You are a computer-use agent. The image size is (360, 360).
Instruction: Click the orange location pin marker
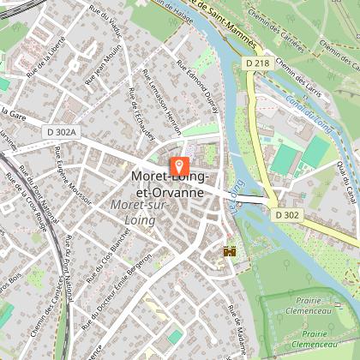pos(180,166)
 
